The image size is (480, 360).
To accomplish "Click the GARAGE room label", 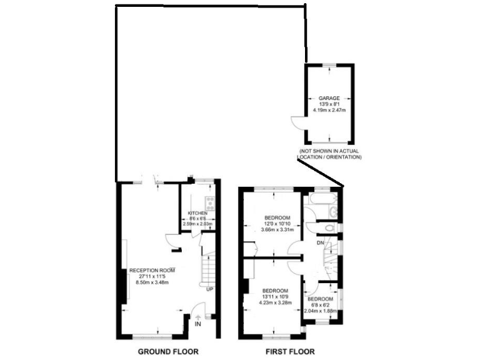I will (x=329, y=99).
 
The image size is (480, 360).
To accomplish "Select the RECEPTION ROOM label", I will (x=152, y=270).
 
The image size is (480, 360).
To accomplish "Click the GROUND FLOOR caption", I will (x=168, y=352).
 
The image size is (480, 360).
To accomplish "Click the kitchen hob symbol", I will (x=211, y=202).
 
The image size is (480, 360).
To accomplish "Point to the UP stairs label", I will (x=211, y=289).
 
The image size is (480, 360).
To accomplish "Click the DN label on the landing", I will (x=320, y=242).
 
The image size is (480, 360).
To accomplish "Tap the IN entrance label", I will (x=198, y=325).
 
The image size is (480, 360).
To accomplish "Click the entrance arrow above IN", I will (x=198, y=317).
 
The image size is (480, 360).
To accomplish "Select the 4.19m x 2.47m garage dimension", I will (x=329, y=111).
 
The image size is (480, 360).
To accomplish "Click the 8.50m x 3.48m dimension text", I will (x=152, y=282).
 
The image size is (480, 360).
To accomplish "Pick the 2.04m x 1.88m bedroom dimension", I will (x=321, y=311).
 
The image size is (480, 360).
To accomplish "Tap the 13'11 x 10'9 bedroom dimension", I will (x=275, y=297).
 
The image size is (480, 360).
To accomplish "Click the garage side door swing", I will (x=297, y=122).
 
